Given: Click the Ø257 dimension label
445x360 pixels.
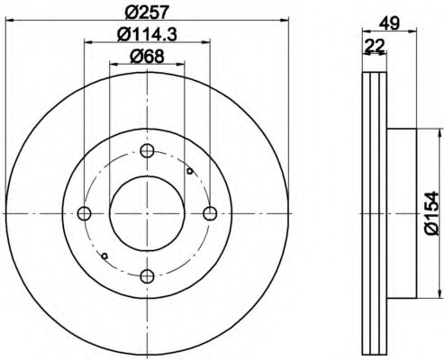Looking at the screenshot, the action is point(146,13).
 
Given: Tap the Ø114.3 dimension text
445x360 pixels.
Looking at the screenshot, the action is point(147,34).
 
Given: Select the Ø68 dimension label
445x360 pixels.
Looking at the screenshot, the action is point(147,56).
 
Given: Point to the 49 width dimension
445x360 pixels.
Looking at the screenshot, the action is point(389,23).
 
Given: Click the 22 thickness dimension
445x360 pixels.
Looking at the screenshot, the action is point(374,46).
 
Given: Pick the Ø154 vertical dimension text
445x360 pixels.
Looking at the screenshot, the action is point(431,214).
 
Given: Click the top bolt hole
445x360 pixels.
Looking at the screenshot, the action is point(147,150).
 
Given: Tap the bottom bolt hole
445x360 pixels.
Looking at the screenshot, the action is point(147,276).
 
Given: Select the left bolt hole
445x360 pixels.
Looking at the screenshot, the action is point(84,213).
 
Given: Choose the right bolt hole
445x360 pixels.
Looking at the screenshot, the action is point(210,213).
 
